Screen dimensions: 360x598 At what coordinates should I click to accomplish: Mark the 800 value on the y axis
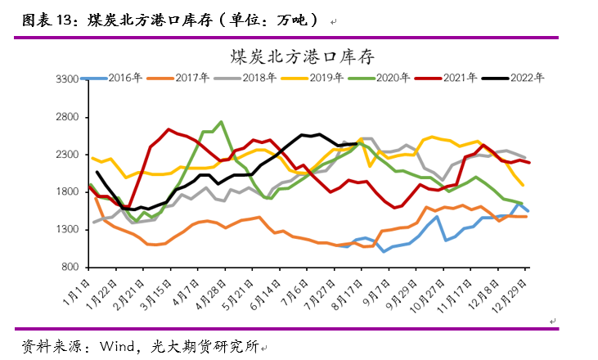coord(70,268)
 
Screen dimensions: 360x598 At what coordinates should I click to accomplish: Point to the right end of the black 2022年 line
coord(357,144)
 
